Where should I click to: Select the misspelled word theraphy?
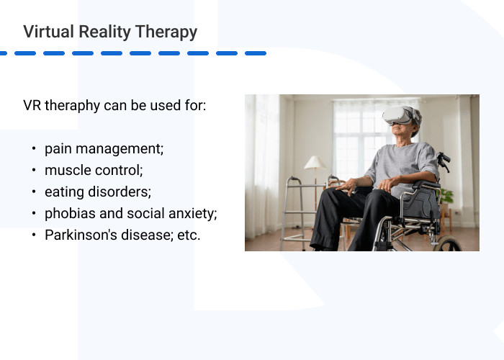pos(73,106)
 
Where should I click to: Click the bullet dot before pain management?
pos(33,149)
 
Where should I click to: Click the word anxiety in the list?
pos(191,214)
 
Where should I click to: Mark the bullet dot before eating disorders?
pos(33,192)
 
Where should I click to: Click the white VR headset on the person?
pos(400,115)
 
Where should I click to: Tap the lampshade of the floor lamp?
pos(315,163)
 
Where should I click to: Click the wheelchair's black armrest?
pos(426,184)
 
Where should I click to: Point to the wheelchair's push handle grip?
pos(444,158)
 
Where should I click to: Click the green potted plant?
pos(446,196)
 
